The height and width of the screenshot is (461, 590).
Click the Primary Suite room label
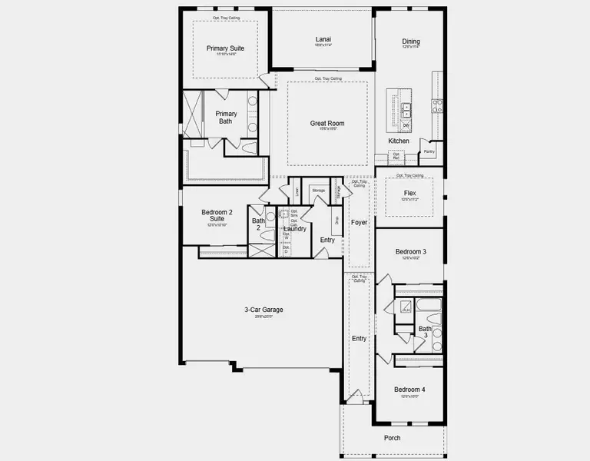[x=224, y=48]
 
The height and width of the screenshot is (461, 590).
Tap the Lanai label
[x=323, y=40]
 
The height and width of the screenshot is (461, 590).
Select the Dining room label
[x=411, y=41]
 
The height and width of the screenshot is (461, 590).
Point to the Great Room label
[x=326, y=123]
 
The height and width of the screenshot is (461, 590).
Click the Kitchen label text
[x=399, y=141]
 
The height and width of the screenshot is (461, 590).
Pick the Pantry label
[x=429, y=152]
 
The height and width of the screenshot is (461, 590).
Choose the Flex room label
[x=410, y=194]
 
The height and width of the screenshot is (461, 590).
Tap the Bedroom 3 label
[x=410, y=252]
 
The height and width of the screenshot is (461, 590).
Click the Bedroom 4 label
[x=409, y=390]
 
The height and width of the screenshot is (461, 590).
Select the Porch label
[x=392, y=438]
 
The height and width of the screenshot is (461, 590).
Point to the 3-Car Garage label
[x=264, y=310]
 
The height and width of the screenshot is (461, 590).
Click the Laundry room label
[x=295, y=229]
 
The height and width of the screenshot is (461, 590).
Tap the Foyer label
[x=360, y=223]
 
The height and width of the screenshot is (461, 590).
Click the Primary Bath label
[x=226, y=118]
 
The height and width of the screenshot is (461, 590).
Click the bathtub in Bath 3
[x=428, y=308]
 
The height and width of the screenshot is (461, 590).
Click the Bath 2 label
[x=258, y=226]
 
